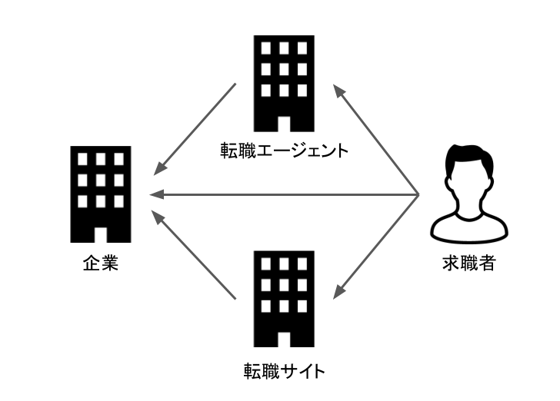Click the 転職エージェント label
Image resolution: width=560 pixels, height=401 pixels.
pos(285,150)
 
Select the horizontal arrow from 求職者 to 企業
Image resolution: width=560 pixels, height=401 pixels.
pos(285,195)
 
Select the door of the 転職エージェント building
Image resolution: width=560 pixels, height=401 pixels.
pos(285,124)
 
